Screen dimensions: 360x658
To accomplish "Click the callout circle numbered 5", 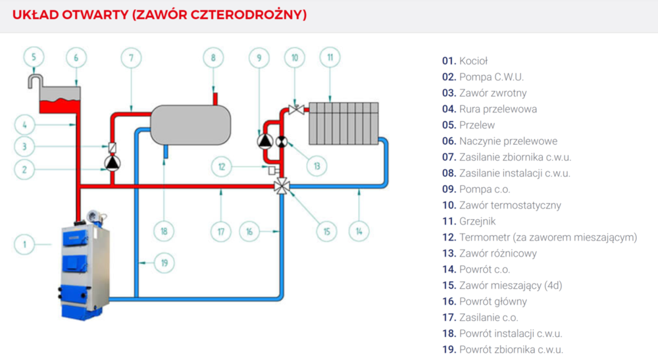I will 34,57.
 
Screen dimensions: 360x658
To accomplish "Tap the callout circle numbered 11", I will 330,57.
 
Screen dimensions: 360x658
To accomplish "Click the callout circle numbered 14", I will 359,231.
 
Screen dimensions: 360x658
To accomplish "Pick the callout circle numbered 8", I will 213,57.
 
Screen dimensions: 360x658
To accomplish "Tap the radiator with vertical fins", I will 343,122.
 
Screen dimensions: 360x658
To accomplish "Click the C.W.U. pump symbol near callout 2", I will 112,162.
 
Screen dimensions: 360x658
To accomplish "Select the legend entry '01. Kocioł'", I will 465,61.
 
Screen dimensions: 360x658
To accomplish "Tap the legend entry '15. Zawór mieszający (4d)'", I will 502,285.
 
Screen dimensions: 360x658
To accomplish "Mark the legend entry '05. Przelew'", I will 468,125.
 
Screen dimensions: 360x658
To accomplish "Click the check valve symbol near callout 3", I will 112,147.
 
